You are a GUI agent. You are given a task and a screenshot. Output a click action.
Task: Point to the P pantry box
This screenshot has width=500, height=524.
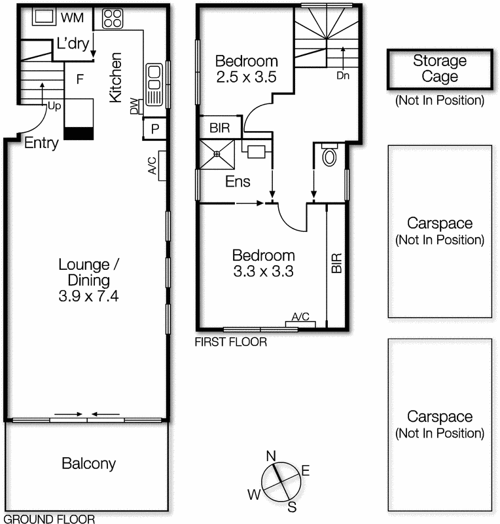click(x=155, y=128)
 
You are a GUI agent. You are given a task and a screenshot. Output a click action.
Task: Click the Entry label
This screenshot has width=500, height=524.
click(x=41, y=143)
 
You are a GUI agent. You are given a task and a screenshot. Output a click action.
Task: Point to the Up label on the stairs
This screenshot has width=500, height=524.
click(x=52, y=105)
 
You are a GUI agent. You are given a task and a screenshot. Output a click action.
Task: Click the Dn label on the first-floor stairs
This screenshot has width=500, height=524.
click(x=344, y=75)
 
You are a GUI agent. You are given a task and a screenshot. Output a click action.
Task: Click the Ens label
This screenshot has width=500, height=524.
click(x=238, y=182)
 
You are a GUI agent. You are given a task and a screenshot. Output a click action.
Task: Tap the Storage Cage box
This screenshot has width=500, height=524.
click(x=439, y=69)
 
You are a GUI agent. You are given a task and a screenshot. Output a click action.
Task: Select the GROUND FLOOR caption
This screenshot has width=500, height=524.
click(x=48, y=519)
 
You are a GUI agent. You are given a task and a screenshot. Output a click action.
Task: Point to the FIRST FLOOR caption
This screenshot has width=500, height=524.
click(x=230, y=342)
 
